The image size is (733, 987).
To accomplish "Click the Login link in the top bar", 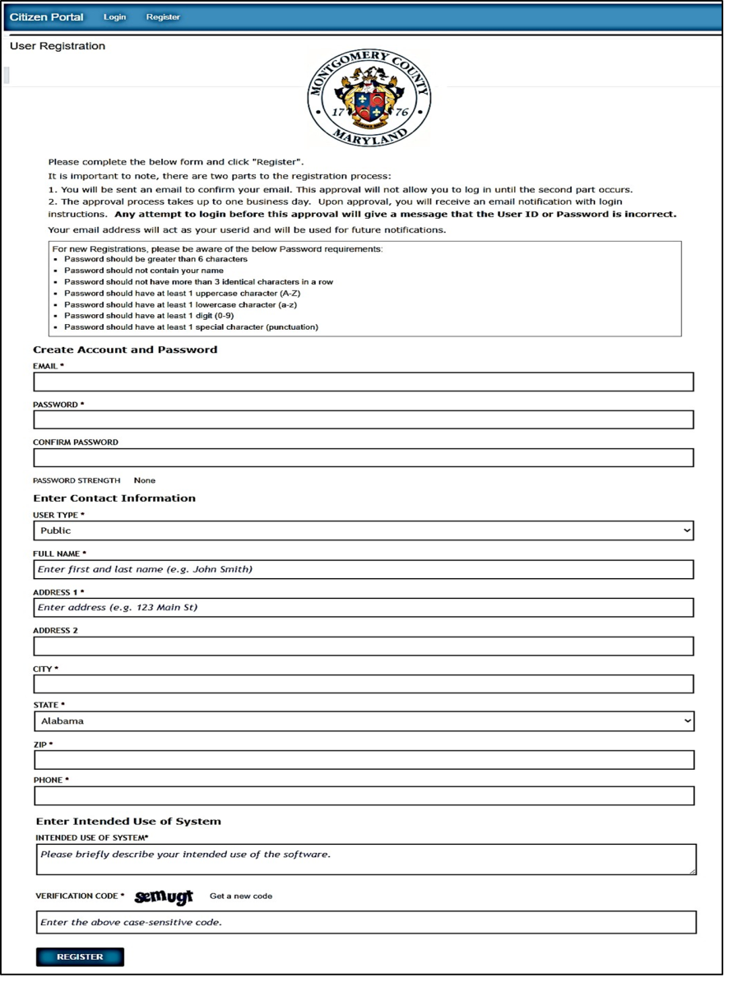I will pos(115,17).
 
